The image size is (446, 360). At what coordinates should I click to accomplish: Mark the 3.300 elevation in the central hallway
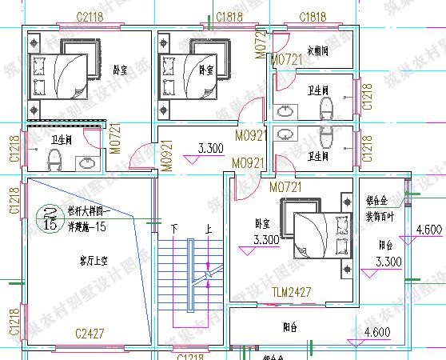[209, 148]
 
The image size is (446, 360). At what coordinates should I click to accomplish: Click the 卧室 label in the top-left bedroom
[119, 70]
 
